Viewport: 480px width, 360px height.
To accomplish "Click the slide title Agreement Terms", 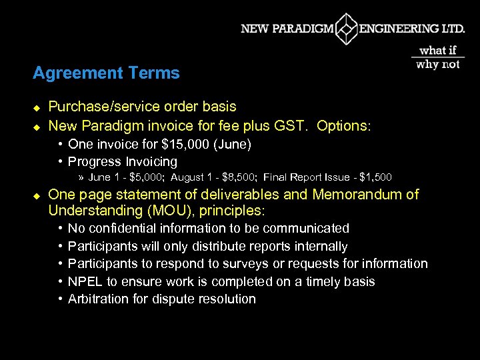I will pos(106,73).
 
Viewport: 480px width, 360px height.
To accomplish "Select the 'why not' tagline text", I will pos(438,64).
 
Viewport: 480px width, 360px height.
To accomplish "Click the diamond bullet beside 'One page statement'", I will pos(37,195).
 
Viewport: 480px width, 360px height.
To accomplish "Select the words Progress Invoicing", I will pos(123,161).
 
